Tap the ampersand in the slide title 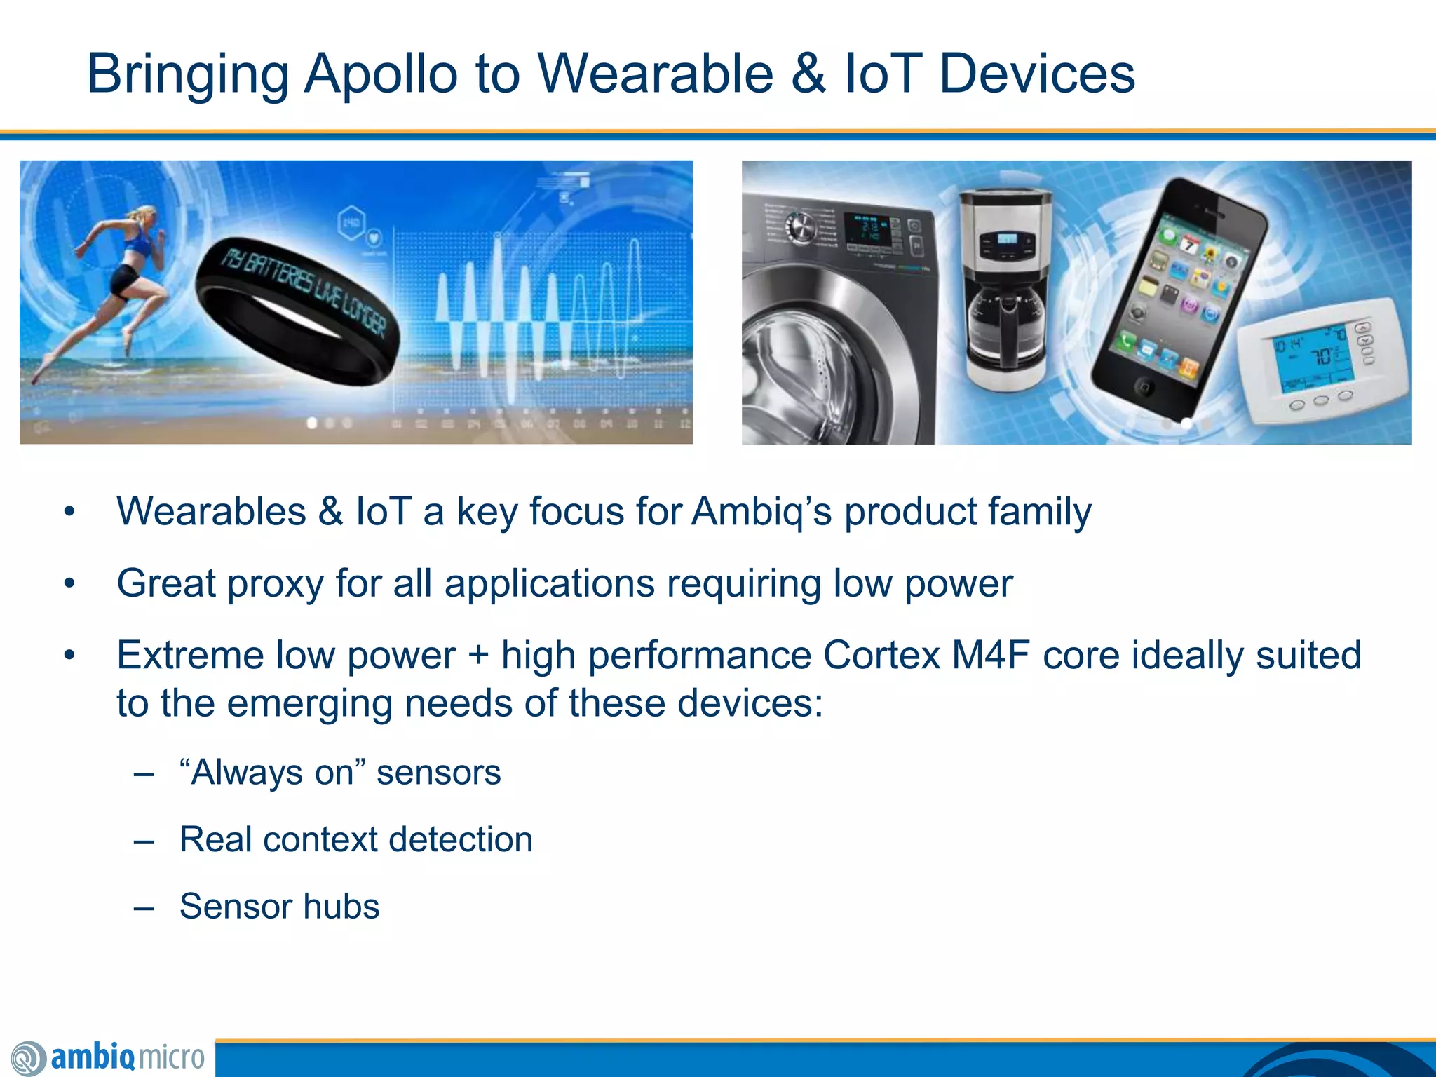pos(808,74)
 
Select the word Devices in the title pos(1036,74)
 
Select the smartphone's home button pos(1144,386)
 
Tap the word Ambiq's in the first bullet pos(761,511)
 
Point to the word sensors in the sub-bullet pos(438,773)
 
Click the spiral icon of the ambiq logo pos(28,1058)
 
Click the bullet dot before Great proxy pos(69,583)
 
